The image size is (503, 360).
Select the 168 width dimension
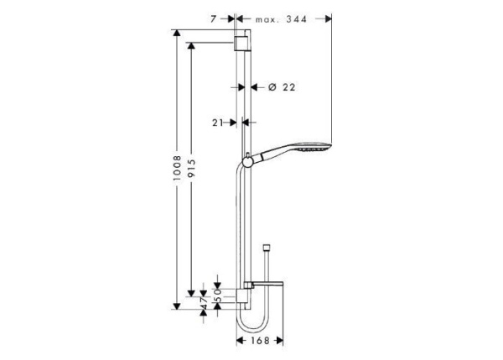(x=260, y=341)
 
